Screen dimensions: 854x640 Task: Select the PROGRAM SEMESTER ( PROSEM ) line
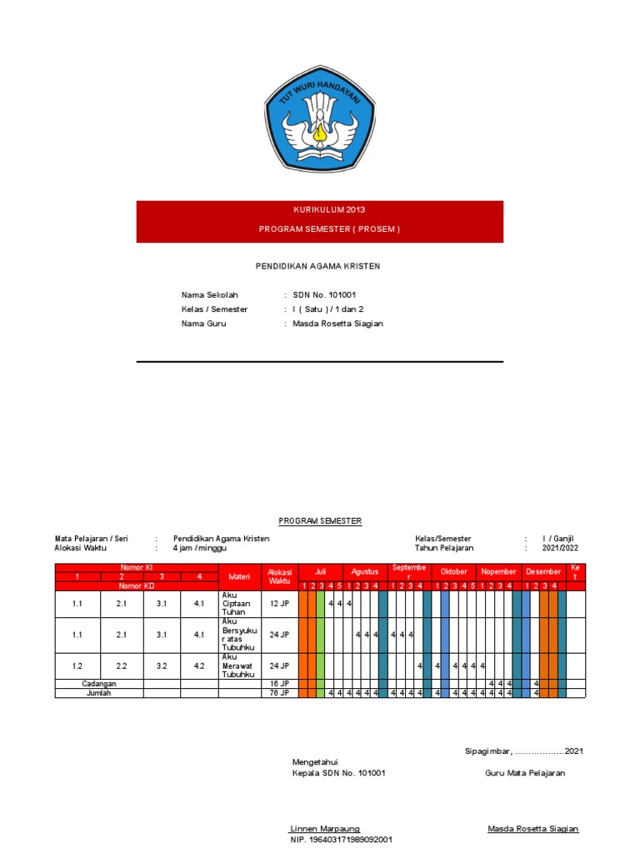[319, 229]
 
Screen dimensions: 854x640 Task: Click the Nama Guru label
[203, 324]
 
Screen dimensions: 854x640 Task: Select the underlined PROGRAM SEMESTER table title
[320, 520]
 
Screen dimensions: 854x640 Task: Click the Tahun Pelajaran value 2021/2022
[560, 548]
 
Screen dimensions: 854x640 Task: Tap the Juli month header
[320, 572]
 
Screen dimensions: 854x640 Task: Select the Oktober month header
[454, 572]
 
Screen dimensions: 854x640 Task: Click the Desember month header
[543, 572]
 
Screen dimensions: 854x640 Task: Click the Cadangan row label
[99, 684]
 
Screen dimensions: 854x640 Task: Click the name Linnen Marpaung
[325, 828]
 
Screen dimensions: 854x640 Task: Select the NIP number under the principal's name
[342, 840]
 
